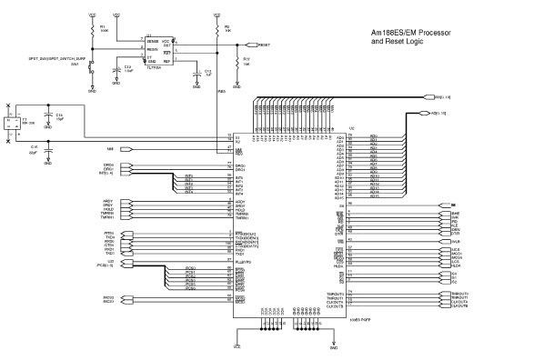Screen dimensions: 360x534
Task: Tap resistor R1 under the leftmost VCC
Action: (91, 30)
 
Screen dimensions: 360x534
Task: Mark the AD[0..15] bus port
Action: (437, 114)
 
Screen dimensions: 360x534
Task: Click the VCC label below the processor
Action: (237, 348)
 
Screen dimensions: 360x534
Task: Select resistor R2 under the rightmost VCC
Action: (217, 30)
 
